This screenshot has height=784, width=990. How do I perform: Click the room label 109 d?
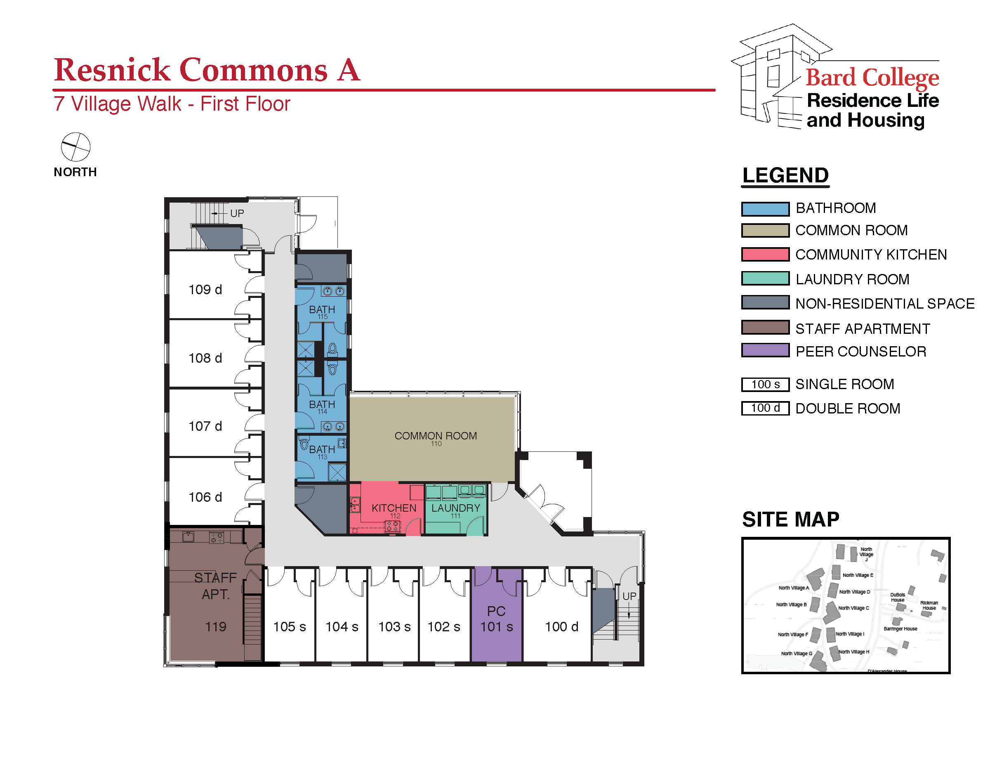click(205, 290)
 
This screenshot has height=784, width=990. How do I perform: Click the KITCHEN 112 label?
click(394, 510)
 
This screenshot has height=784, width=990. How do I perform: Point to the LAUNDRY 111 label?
click(455, 510)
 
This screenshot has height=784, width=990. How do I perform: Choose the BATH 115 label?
click(322, 311)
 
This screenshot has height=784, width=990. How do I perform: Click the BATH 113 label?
click(322, 451)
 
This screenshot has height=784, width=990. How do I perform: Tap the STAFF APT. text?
click(215, 586)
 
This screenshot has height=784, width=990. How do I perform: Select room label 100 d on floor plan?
click(561, 626)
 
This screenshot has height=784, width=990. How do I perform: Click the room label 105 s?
click(289, 626)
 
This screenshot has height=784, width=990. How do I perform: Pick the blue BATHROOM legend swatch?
click(765, 209)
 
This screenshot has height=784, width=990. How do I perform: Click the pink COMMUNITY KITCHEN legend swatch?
click(765, 254)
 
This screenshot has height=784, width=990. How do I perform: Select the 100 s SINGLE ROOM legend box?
click(765, 384)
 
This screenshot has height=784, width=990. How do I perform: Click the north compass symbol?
click(76, 147)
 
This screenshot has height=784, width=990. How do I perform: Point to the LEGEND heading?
click(785, 175)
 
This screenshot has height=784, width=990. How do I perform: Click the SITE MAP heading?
click(790, 520)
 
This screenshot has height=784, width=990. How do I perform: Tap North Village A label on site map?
click(793, 588)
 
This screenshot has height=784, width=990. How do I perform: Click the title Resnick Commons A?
click(207, 70)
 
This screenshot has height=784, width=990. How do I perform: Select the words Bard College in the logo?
click(872, 77)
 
